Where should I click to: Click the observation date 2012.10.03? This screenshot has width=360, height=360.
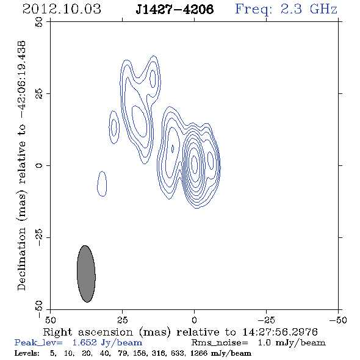pos(62,9)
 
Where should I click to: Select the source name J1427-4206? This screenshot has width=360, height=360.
pos(175,9)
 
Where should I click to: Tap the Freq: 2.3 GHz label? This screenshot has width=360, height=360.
pos(286,9)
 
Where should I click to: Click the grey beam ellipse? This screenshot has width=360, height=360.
pos(86,274)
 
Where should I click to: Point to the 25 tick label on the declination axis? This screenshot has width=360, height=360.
pos(39,94)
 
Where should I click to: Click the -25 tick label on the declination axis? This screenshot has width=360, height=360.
pos(39,237)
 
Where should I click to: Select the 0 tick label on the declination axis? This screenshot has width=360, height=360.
pos(39,165)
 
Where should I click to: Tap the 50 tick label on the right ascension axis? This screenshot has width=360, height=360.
pos(50,320)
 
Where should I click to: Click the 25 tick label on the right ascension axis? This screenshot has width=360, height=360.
pos(122,320)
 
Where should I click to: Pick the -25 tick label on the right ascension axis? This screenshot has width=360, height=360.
pos(266,320)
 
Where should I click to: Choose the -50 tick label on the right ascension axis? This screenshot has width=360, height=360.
pos(338,320)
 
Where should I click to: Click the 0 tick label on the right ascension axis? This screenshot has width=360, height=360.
pos(194,320)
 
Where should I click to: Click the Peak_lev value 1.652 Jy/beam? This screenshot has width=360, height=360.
pos(107,343)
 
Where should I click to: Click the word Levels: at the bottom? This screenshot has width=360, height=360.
pos(27,353)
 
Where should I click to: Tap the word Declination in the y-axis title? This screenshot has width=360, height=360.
pos(21,259)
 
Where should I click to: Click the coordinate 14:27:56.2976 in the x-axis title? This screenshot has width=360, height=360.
pos(280,332)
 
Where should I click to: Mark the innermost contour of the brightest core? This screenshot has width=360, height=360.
pos(195,164)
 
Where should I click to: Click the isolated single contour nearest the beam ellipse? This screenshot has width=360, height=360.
pos(102,184)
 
